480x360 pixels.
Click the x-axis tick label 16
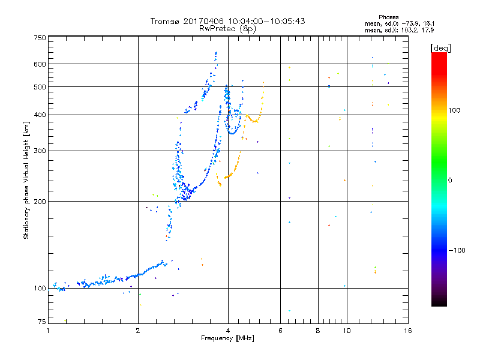(407, 331)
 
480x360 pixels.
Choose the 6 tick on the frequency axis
(281, 331)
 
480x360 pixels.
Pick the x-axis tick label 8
(318, 331)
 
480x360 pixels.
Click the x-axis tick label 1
(48, 331)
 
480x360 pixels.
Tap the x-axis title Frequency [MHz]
(227, 339)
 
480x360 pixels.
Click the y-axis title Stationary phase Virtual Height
(26, 180)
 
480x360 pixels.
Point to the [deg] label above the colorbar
(440, 47)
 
